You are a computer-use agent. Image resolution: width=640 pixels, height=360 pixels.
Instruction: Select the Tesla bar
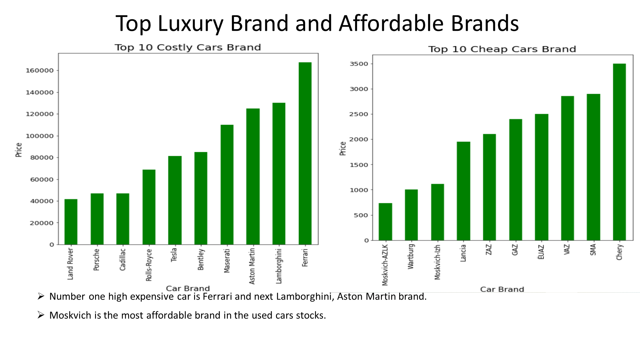(175, 200)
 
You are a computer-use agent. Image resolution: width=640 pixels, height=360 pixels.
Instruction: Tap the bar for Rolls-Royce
(149, 207)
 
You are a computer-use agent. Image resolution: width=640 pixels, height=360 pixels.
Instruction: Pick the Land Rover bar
(71, 222)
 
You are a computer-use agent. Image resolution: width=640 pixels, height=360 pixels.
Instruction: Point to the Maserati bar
(227, 185)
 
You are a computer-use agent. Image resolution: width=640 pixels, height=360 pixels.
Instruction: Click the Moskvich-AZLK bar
(385, 222)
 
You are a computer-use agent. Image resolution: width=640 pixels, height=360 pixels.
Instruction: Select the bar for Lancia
(463, 191)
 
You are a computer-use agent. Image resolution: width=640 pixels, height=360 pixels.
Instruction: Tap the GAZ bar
(515, 180)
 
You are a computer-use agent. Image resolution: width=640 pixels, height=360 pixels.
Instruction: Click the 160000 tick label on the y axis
(39, 71)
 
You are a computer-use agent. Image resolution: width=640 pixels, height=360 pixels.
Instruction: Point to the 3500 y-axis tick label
(359, 64)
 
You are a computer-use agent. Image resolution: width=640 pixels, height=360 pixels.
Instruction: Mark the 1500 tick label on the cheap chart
(359, 165)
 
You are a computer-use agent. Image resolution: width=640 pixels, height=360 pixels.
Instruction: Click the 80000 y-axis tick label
(41, 158)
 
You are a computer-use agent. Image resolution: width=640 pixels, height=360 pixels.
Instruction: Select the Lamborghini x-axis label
(279, 266)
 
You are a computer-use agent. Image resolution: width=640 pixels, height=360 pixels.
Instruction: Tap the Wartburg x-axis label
(411, 256)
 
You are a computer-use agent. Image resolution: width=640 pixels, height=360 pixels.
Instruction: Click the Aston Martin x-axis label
(252, 266)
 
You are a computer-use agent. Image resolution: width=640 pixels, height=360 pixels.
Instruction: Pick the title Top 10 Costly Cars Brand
(188, 47)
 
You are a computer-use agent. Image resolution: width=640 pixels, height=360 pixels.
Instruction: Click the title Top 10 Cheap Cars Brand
(502, 49)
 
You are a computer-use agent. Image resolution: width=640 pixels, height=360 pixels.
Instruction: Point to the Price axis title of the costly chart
(19, 150)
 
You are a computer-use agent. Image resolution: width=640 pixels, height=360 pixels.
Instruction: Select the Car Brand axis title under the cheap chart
(502, 289)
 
